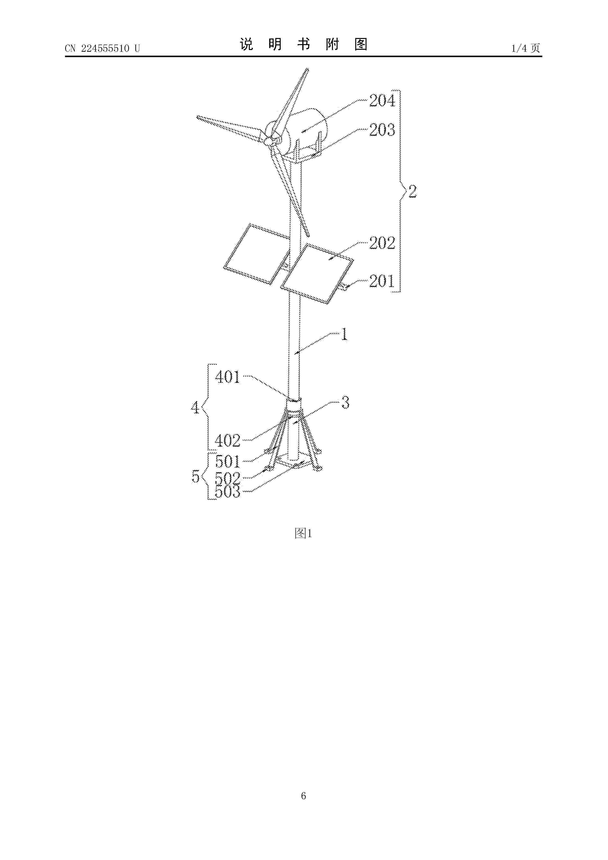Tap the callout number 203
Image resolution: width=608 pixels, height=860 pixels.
(382, 130)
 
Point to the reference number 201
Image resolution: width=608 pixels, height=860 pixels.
(382, 281)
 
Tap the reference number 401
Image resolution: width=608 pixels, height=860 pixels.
(228, 377)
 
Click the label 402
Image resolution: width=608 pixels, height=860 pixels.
(228, 441)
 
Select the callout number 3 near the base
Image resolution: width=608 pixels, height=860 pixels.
(345, 402)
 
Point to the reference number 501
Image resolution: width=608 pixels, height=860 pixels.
(228, 461)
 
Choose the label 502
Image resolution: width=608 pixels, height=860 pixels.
(228, 478)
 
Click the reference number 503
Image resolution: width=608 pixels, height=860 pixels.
(228, 492)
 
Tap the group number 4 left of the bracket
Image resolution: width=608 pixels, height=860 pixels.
(195, 407)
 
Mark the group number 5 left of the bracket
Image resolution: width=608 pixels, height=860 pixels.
(196, 476)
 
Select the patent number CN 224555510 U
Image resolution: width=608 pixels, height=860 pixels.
(102, 48)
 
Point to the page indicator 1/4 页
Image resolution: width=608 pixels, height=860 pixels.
(526, 48)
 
